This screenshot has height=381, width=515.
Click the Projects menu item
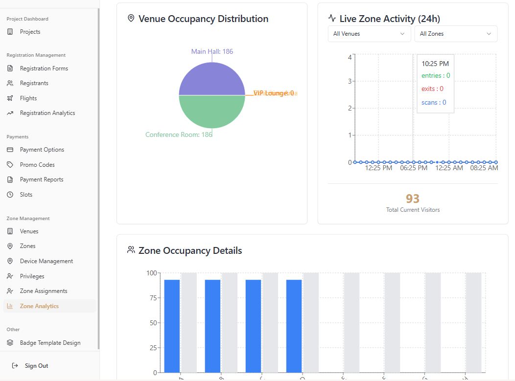click(30, 32)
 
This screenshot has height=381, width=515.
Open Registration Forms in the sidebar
click(44, 68)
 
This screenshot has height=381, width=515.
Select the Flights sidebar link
click(28, 98)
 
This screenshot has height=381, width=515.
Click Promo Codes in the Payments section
click(37, 165)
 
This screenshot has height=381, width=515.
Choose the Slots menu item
click(26, 195)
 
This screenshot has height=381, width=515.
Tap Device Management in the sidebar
click(46, 261)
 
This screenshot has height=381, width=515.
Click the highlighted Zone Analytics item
click(39, 306)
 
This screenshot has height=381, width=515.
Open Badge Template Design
click(50, 343)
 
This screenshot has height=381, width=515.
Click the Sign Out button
click(36, 366)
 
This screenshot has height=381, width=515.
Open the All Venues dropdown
click(369, 34)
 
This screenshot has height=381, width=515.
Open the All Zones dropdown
click(455, 34)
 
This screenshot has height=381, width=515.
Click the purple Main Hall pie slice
click(212, 78)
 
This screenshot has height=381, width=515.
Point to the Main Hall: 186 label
click(212, 51)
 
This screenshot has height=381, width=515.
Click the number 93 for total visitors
click(413, 199)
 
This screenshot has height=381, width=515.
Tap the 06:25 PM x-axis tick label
click(414, 168)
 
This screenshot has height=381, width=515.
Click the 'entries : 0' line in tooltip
click(436, 76)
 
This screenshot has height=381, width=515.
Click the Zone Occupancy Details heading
click(190, 251)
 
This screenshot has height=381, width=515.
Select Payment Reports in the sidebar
click(42, 179)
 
